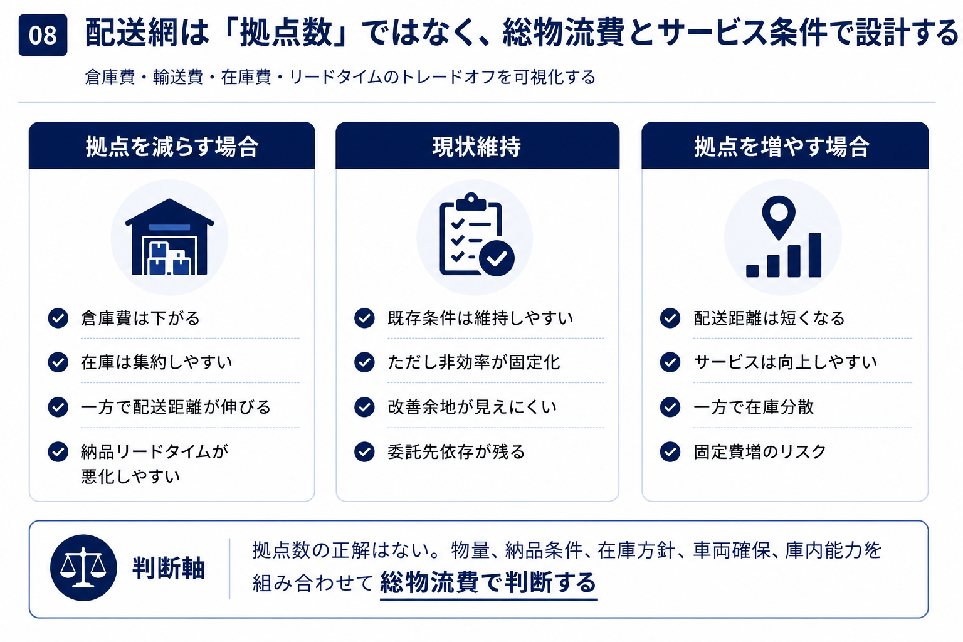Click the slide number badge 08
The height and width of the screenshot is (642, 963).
[x=43, y=35]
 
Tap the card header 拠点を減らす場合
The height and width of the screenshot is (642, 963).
[x=172, y=146]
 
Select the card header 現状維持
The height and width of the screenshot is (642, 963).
[x=477, y=146]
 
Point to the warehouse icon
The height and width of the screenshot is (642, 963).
[x=169, y=237]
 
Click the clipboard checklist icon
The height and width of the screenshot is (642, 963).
[x=476, y=234]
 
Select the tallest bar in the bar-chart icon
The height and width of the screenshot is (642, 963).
[x=814, y=255]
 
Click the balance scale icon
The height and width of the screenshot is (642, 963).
[x=83, y=567]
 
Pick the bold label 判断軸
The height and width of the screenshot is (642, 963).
[x=169, y=568]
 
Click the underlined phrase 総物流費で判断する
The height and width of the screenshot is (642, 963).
[x=488, y=582]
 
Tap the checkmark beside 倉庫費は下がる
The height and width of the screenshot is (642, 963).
[x=58, y=318]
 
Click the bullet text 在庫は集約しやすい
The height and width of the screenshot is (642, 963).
[x=157, y=362]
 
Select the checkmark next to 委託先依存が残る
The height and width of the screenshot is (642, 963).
[x=364, y=451]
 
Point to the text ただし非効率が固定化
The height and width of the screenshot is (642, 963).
[x=474, y=362]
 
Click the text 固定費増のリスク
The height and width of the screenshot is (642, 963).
[x=760, y=451]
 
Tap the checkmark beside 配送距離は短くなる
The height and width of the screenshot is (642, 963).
[x=670, y=318]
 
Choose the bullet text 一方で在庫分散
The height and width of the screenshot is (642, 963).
[x=754, y=407]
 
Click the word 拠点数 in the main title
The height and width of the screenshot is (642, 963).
[x=286, y=32]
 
